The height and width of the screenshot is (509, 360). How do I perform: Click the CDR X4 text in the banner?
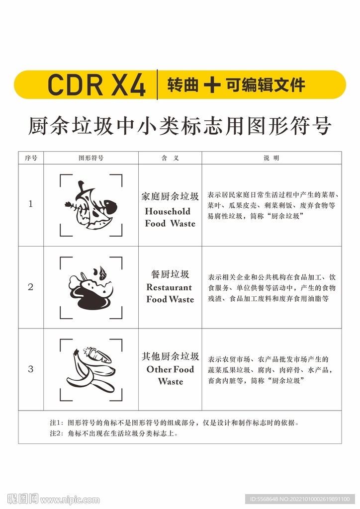pyautogui.click(x=96, y=85)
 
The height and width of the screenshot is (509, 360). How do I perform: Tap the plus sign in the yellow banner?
pyautogui.click(x=212, y=85)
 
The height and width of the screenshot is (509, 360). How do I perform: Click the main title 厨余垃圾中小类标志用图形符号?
pyautogui.click(x=180, y=126)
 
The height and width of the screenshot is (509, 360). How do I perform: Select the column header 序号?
pyautogui.click(x=31, y=158)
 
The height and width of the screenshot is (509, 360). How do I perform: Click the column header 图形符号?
pyautogui.click(x=91, y=158)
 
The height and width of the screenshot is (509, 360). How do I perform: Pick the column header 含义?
pyautogui.click(x=170, y=158)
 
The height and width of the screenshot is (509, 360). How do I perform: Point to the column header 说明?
pyautogui.click(x=271, y=158)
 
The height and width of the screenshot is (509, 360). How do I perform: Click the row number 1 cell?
pyautogui.click(x=31, y=204)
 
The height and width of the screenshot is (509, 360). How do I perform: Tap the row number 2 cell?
pyautogui.click(x=31, y=287)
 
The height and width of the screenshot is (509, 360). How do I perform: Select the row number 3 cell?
pyautogui.click(x=31, y=369)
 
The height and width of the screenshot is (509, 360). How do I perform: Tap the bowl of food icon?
pyautogui.click(x=91, y=288)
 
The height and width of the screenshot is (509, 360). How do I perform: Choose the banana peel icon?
pyautogui.click(x=91, y=370)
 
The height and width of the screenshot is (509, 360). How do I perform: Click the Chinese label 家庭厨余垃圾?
pyautogui.click(x=170, y=196)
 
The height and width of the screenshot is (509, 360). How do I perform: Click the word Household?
pyautogui.click(x=168, y=211)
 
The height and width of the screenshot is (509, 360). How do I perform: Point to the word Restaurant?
pyautogui.click(x=169, y=287)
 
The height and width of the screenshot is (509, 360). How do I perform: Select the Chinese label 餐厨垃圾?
pyautogui.click(x=170, y=274)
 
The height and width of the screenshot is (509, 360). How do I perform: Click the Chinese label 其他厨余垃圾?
pyautogui.click(x=170, y=356)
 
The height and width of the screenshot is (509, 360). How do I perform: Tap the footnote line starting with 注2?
pyautogui.click(x=114, y=433)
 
